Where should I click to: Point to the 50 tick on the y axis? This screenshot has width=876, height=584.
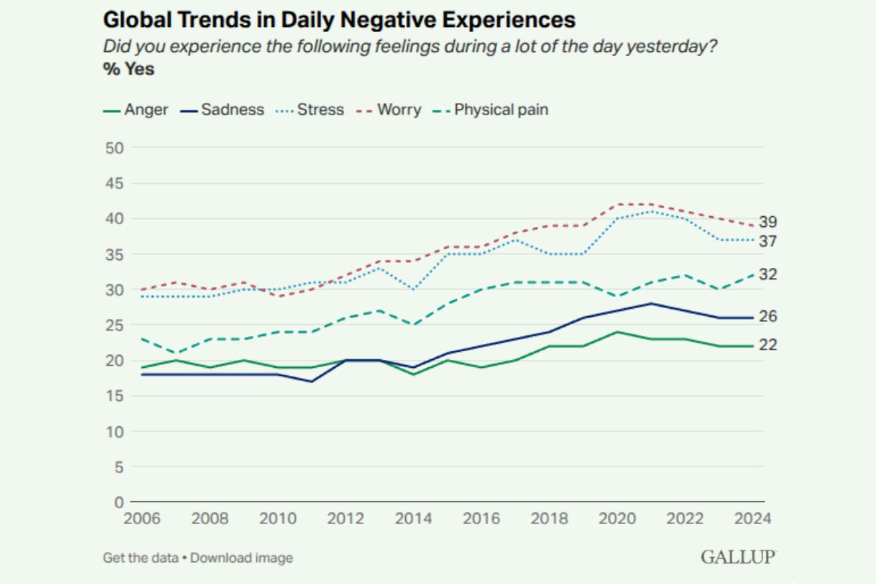click(x=116, y=148)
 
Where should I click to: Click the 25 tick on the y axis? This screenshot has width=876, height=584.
click(x=116, y=326)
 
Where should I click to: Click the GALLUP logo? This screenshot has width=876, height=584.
click(x=738, y=557)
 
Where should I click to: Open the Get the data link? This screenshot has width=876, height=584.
click(x=140, y=558)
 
